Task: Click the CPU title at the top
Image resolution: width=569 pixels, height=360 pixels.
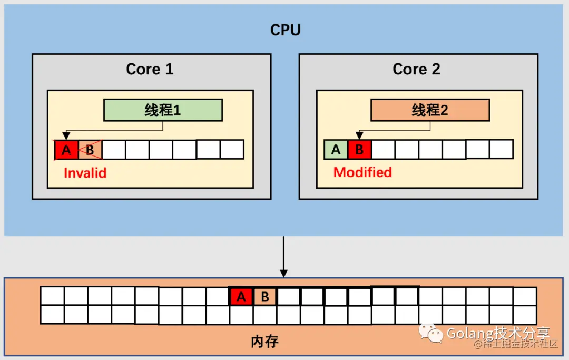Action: [x=286, y=30]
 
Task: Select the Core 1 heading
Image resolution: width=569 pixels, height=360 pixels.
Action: [x=150, y=69]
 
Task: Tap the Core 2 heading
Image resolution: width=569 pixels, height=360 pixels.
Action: [x=417, y=69]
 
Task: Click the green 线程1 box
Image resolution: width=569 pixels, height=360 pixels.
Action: [x=163, y=110]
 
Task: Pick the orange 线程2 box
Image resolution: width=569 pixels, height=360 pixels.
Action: [x=430, y=110]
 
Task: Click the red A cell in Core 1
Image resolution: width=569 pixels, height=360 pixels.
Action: [x=66, y=150]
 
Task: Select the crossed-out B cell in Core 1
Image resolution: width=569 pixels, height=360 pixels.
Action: [x=90, y=150]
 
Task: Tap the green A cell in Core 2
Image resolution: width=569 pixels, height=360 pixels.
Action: [x=336, y=150]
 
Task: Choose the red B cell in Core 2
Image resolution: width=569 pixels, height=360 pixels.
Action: [x=359, y=150]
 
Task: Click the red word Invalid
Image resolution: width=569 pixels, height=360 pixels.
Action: [x=85, y=173]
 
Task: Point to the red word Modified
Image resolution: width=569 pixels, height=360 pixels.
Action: [x=362, y=172]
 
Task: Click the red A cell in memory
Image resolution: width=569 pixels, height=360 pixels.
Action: [x=241, y=297]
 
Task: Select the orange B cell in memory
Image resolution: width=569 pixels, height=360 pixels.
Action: [x=265, y=297]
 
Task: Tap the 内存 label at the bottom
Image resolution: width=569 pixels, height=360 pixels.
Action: [x=265, y=342]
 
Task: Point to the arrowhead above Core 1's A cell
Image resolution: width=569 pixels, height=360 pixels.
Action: [x=66, y=136]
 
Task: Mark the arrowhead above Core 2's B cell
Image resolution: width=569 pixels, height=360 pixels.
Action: [x=359, y=135]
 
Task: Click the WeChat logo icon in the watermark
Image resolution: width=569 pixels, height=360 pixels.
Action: [x=431, y=333]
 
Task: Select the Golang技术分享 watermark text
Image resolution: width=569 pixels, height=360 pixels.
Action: [x=498, y=333]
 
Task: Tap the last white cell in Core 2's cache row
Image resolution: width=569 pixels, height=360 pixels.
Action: [x=502, y=149]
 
